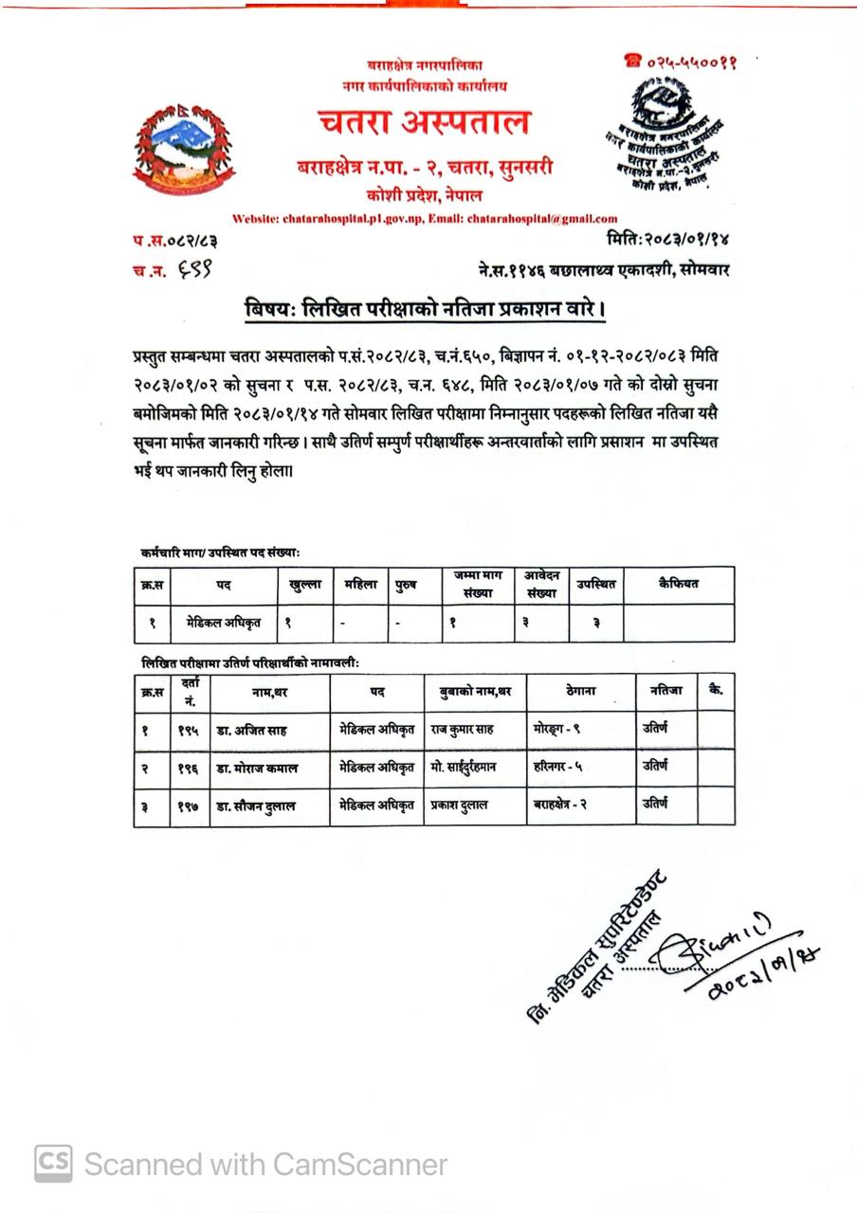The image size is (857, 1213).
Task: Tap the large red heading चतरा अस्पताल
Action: coord(423,123)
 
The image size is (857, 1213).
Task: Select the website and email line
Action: coord(425,218)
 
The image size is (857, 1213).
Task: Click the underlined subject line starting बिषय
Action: coord(425,310)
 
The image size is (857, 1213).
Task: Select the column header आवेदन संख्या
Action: coord(541,585)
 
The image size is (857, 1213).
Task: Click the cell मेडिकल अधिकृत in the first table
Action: coord(224,623)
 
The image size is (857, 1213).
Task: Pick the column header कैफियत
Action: coord(678,585)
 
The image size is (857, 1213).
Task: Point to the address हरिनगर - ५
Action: coord(558,767)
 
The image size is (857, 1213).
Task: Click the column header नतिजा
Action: coord(666,692)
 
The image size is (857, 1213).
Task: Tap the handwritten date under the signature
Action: coord(750,975)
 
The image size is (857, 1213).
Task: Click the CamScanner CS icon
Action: coord(53,1163)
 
